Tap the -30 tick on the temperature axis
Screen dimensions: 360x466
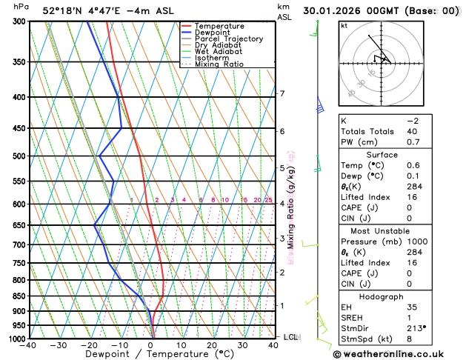click(x=60, y=345)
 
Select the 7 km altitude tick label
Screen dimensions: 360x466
click(x=282, y=94)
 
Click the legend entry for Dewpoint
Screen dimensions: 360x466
click(x=213, y=33)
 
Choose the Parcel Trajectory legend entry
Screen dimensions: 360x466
click(x=228, y=39)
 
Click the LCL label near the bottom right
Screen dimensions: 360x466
click(x=290, y=337)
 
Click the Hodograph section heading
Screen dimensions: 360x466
click(x=382, y=296)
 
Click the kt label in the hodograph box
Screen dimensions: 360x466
click(x=344, y=25)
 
